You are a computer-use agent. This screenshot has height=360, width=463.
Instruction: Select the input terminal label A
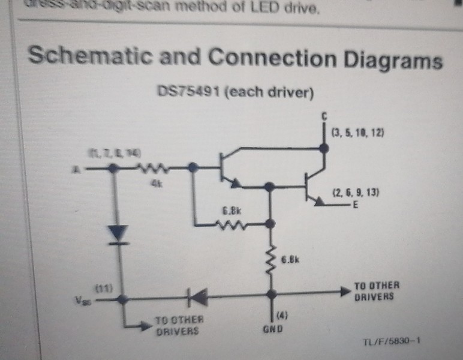pos(76,170)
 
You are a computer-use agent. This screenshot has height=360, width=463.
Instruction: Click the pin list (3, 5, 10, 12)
pos(358,131)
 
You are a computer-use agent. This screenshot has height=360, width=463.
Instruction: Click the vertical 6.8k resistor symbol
pos(271,257)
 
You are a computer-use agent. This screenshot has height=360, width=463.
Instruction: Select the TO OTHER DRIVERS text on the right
pos(376,291)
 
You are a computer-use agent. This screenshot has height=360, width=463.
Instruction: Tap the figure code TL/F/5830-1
pos(391,342)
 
